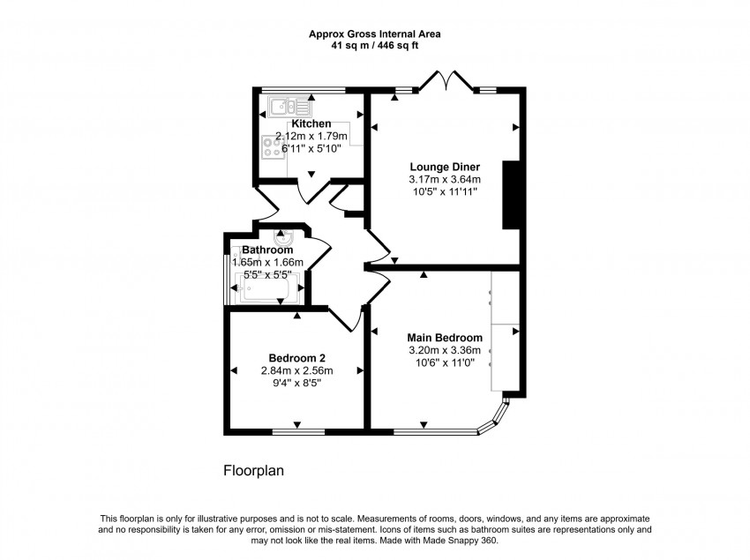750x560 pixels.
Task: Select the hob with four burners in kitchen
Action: point(272,148)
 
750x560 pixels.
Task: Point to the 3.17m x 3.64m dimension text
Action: point(444,179)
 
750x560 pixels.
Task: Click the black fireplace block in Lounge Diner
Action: point(510,195)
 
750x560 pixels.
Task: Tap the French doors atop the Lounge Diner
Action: point(445,82)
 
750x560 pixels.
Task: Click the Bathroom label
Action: point(267,250)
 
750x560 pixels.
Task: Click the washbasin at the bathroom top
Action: point(284,237)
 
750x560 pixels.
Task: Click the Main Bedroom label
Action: point(444,338)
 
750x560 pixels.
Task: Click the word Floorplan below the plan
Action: point(252,472)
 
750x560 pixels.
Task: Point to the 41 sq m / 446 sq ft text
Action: point(374,46)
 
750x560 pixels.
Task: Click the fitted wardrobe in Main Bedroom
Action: point(505,331)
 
